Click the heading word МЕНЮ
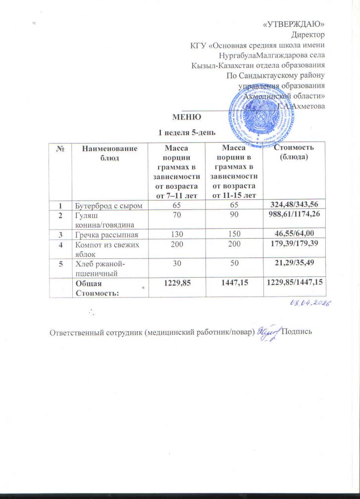pyautogui.click(x=186, y=117)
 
